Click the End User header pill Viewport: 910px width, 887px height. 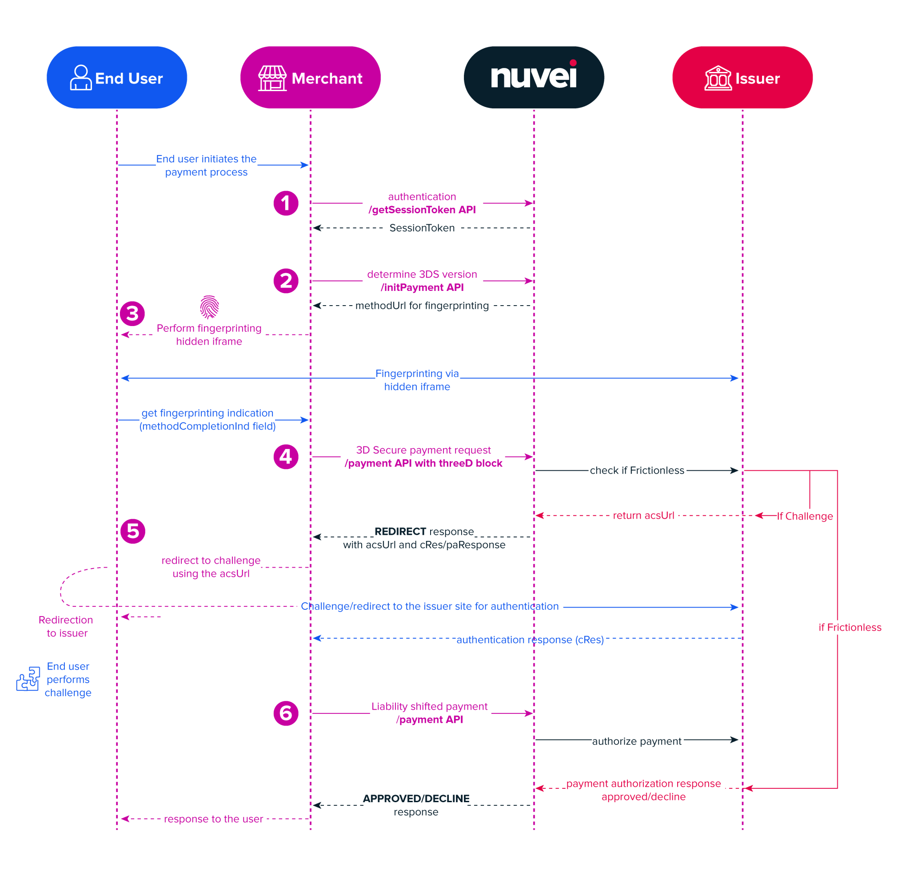pyautogui.click(x=116, y=78)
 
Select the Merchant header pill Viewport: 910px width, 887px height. pyautogui.click(x=310, y=78)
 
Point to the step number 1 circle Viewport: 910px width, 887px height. pyautogui.click(x=286, y=203)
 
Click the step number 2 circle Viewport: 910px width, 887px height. pyautogui.click(x=286, y=281)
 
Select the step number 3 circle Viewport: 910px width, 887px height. pyautogui.click(x=132, y=314)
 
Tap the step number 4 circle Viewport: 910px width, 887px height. pyautogui.click(x=286, y=457)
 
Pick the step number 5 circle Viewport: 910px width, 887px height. pyautogui.click(x=133, y=531)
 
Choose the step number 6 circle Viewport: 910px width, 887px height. pyautogui.click(x=286, y=713)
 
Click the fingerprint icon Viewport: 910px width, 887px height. pyautogui.click(x=209, y=307)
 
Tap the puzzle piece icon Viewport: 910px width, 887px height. pyautogui.click(x=28, y=679)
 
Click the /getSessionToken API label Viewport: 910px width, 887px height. pyautogui.click(x=422, y=210)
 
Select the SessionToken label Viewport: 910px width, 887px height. pyautogui.click(x=422, y=228)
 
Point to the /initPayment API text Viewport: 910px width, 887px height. pyautogui.click(x=422, y=287)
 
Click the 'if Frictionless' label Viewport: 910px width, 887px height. pyautogui.click(x=850, y=628)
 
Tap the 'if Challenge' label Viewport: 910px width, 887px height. pyautogui.click(x=805, y=516)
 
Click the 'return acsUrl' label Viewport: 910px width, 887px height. pyautogui.click(x=643, y=516)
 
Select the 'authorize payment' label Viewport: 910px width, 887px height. pyautogui.click(x=636, y=741)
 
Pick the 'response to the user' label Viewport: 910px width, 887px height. pyautogui.click(x=213, y=819)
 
